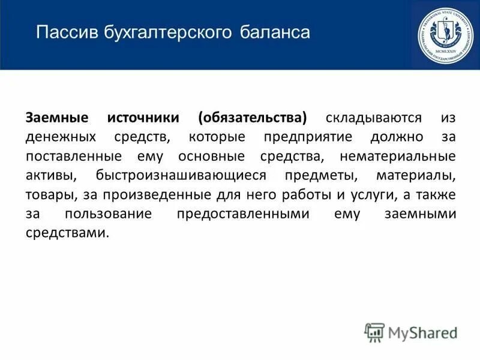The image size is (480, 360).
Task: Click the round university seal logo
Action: click(x=445, y=34)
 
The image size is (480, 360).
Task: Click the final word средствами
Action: click(x=60, y=234)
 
